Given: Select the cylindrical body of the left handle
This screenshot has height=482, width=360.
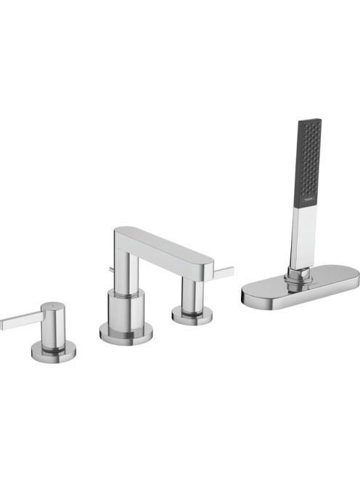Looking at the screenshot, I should click(54, 330).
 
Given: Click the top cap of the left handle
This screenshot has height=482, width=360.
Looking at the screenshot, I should click(53, 308).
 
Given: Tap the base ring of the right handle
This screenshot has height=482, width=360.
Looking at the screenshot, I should click(192, 314).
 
